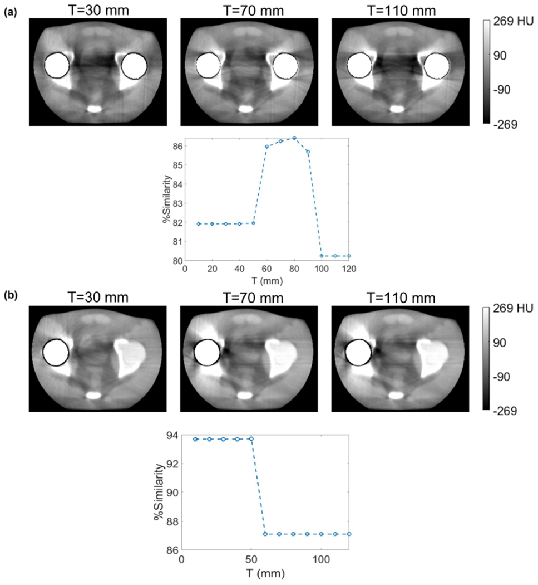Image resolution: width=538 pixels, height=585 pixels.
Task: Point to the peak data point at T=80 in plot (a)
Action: pos(294,138)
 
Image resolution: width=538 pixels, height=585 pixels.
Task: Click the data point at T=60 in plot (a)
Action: pos(267,147)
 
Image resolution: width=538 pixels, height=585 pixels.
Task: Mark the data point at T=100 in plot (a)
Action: pos(322,256)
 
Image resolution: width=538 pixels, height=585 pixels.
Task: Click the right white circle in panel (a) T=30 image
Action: pos(134,66)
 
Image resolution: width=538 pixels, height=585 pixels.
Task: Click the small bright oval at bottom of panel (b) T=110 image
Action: pos(396,394)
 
